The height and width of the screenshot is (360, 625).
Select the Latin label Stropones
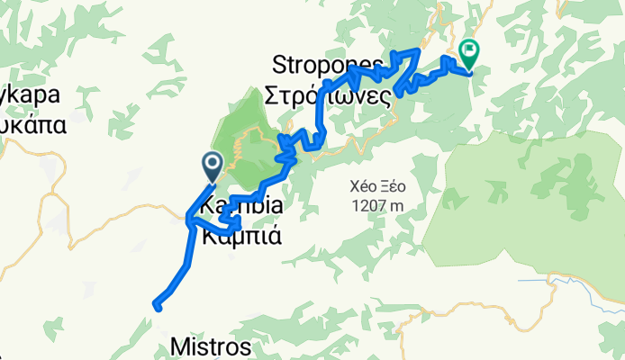click(x=330, y=64)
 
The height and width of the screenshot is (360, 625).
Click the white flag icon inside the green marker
click(x=468, y=50)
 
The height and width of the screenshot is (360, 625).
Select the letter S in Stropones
click(x=278, y=64)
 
